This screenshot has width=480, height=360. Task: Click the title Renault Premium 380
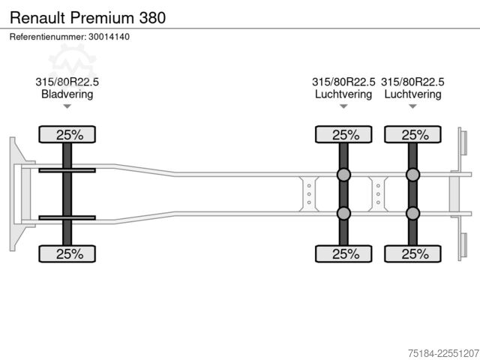tap(88, 18)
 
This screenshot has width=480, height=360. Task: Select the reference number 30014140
tap(109, 37)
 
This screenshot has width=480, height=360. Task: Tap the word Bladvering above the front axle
tap(67, 94)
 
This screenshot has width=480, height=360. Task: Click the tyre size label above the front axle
tap(67, 82)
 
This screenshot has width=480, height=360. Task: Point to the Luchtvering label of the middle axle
tap(343, 94)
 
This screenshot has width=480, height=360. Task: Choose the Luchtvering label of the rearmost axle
tap(412, 94)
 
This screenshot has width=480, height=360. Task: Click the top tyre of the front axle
tap(67, 134)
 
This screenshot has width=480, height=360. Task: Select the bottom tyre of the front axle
tap(67, 253)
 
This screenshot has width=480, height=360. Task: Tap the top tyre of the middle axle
tap(343, 134)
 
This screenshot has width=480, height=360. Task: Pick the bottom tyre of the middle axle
tap(343, 253)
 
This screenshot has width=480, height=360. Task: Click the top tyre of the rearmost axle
tap(412, 134)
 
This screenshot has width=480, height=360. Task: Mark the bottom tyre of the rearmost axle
tap(412, 253)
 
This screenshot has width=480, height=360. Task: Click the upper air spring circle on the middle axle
tap(343, 175)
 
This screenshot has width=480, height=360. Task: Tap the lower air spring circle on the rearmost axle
tap(412, 213)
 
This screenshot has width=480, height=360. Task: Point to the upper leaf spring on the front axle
tap(67, 170)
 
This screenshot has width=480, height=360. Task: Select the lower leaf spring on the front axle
tap(67, 217)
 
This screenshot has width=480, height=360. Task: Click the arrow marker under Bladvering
tap(67, 106)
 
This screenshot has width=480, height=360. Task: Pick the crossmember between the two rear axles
tap(378, 194)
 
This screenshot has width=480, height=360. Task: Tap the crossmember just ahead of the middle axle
tap(309, 194)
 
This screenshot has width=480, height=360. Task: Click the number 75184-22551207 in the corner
tap(443, 353)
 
